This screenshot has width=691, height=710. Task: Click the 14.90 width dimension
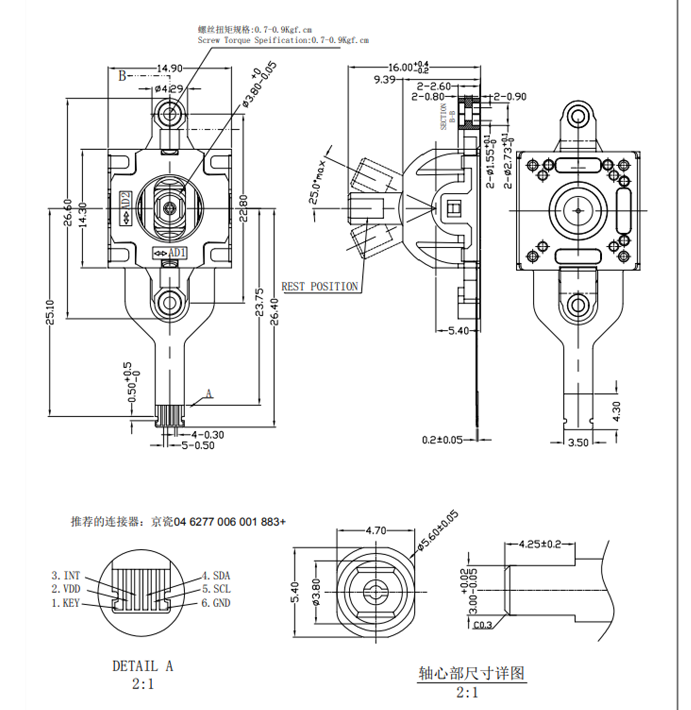(169, 68)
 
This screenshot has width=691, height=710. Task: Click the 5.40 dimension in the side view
(458, 330)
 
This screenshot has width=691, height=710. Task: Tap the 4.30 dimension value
(616, 411)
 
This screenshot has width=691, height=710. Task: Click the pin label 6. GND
(216, 603)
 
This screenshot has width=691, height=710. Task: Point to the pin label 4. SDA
(216, 576)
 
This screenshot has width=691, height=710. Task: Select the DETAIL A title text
(143, 666)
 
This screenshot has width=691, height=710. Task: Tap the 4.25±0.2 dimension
(540, 544)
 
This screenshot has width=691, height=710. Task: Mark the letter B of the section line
(122, 76)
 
